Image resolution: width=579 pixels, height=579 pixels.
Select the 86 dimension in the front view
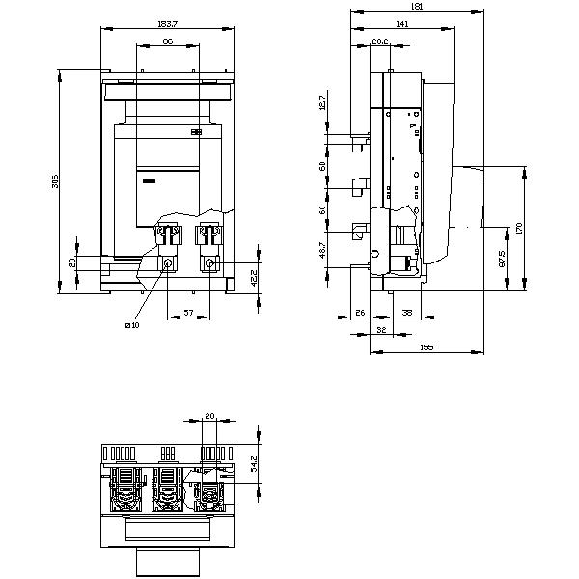coord(167,41)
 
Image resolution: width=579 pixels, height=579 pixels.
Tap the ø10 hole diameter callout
coord(131,325)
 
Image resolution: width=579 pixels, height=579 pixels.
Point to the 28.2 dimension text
coord(379,41)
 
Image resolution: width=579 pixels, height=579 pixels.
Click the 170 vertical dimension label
coord(519,228)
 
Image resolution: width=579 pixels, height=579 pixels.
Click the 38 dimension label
coord(407,314)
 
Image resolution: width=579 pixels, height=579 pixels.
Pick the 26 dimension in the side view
coord(359,314)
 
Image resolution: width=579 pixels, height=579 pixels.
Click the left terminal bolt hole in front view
coord(167,263)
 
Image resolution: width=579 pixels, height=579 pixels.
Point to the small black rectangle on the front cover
coord(149,179)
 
